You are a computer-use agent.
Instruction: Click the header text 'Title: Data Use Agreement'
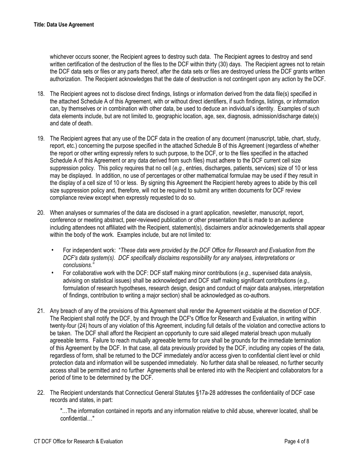pyautogui.click(x=64, y=25)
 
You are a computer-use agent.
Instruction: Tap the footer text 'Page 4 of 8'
pyautogui.click(x=297, y=441)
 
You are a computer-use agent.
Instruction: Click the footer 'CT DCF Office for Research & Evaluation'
pyautogui.click(x=78, y=441)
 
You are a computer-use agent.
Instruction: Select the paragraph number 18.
pyautogui.click(x=41, y=94)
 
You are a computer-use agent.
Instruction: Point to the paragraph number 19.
pyautogui.click(x=41, y=139)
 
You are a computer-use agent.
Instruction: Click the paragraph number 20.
pyautogui.click(x=41, y=213)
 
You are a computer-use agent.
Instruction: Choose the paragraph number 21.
pyautogui.click(x=41, y=311)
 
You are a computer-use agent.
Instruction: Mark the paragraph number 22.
pyautogui.click(x=41, y=393)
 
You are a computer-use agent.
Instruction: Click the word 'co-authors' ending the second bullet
pyautogui.click(x=257, y=296)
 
